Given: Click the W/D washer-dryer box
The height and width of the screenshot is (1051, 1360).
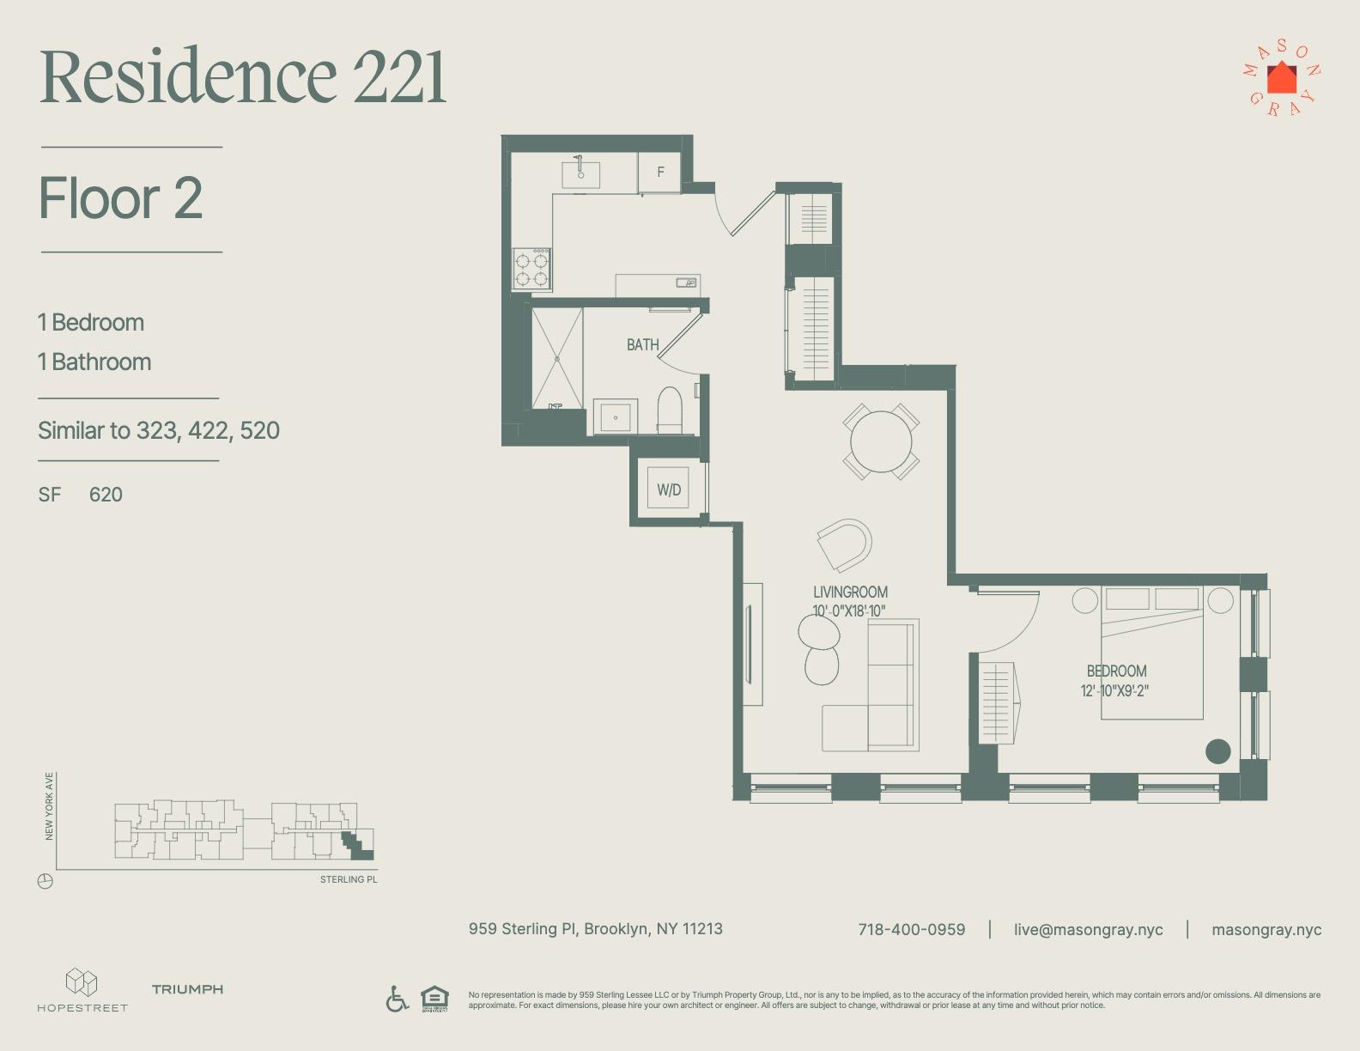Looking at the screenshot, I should (668, 489).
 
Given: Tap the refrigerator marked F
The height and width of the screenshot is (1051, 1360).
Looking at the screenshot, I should (659, 173).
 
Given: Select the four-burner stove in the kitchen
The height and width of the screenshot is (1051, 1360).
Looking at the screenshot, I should (531, 269).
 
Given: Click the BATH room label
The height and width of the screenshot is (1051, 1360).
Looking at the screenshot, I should (642, 345).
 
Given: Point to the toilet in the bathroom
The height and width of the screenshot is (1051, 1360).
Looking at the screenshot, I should (670, 410).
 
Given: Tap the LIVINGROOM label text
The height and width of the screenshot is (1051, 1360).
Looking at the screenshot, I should (850, 592).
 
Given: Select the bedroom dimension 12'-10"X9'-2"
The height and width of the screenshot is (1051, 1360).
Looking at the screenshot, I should (1114, 690).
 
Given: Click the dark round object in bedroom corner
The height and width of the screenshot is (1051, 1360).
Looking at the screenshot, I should (1217, 751).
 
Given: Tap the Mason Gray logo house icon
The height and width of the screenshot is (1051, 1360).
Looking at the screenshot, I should (1282, 78).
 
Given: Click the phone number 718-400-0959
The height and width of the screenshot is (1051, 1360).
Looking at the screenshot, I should (911, 930).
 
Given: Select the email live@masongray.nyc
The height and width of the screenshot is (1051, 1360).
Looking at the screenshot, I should (1088, 930).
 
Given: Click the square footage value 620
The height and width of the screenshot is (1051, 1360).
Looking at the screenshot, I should (106, 495).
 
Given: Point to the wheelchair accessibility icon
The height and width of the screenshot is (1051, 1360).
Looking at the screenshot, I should (397, 999).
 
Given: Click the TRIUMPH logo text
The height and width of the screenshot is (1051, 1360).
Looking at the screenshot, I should (187, 989).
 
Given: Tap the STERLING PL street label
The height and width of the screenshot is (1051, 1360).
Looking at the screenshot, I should (349, 880).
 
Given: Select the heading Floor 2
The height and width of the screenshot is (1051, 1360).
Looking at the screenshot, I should (121, 198).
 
